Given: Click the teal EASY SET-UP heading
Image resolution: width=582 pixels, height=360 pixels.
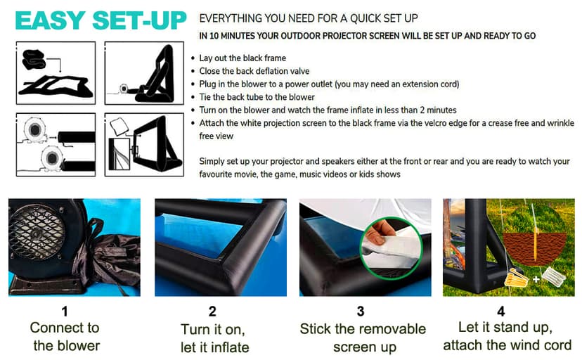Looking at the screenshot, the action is click(x=101, y=20).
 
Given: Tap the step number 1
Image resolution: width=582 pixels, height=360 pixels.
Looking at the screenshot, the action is click(x=65, y=311).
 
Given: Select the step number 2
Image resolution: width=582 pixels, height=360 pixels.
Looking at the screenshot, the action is click(x=212, y=311).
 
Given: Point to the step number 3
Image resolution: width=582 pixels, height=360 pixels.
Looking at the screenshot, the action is click(x=361, y=311).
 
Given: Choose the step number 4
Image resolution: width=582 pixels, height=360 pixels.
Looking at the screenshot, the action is click(x=501, y=311).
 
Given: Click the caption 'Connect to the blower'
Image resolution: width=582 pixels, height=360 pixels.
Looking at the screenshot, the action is click(x=65, y=337).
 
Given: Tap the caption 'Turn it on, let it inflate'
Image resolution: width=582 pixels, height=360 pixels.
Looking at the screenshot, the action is click(x=214, y=338).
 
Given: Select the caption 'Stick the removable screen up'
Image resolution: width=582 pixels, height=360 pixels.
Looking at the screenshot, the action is click(x=363, y=337).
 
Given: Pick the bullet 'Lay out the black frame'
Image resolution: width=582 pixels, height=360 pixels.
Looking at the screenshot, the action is click(x=242, y=58).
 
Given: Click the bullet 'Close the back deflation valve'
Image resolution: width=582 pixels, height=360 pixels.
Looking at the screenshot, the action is click(x=254, y=71).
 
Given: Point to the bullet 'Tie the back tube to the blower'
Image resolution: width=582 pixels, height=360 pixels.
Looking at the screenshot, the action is click(x=257, y=97).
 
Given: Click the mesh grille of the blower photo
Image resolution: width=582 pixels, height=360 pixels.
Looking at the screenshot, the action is click(x=37, y=232).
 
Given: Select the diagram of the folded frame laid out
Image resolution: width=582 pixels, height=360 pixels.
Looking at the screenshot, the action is click(x=56, y=72).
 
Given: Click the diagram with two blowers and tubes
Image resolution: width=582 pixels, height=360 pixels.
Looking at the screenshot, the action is click(x=56, y=144).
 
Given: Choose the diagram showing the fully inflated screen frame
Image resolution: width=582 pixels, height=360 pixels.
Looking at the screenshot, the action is click(x=144, y=144).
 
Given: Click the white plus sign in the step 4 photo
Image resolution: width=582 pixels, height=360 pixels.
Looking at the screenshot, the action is click(x=536, y=278).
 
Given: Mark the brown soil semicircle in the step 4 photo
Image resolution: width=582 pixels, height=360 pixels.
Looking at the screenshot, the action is click(x=535, y=250).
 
